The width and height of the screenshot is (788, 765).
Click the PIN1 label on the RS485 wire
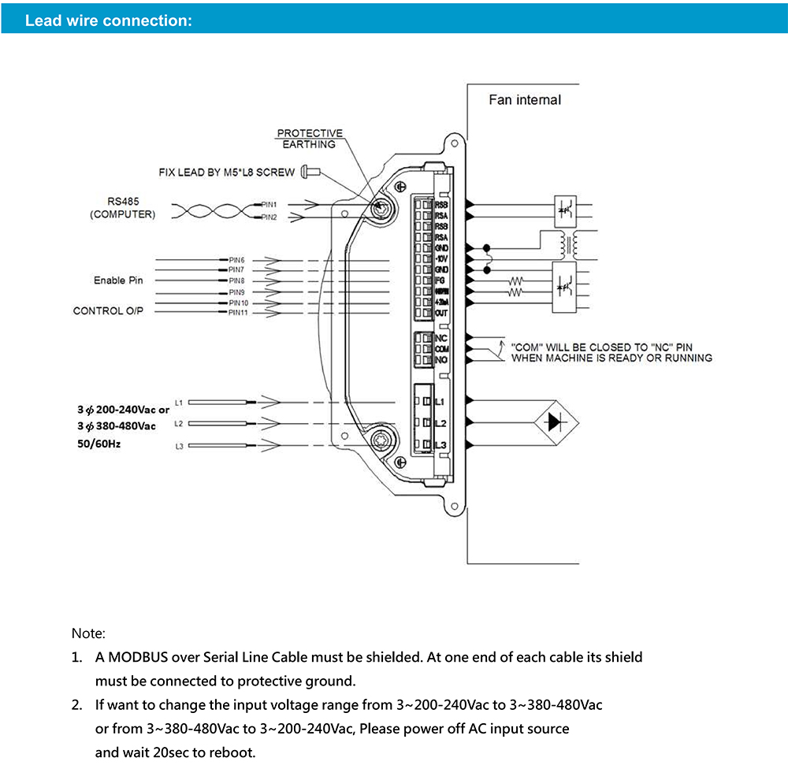pos(269,204)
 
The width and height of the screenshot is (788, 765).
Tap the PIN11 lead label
pos(238,313)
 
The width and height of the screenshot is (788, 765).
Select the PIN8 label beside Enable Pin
pos(236,280)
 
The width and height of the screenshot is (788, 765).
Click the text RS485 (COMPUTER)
pos(123,208)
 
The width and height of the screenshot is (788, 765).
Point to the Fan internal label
pos(525,100)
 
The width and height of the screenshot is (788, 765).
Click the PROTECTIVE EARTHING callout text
pos(310,139)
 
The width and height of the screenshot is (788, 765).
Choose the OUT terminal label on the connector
pos(441,314)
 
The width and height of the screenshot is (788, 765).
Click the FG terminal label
pos(440,280)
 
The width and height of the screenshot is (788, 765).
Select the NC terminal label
pos(441,339)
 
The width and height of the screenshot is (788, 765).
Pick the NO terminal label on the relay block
pos(441,361)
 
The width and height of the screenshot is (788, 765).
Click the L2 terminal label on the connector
pos(441,424)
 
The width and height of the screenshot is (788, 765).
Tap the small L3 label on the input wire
pos(179,447)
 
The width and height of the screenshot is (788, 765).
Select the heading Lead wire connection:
pos(109,20)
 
